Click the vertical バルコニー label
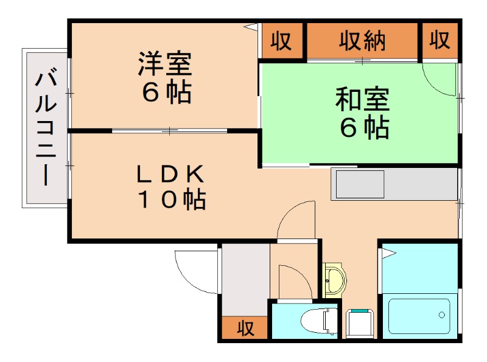coord(46,128)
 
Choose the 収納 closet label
coord(363,41)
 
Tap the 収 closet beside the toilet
coord(245,329)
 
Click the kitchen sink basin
coord(359,184)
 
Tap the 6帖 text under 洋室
coord(165,92)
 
